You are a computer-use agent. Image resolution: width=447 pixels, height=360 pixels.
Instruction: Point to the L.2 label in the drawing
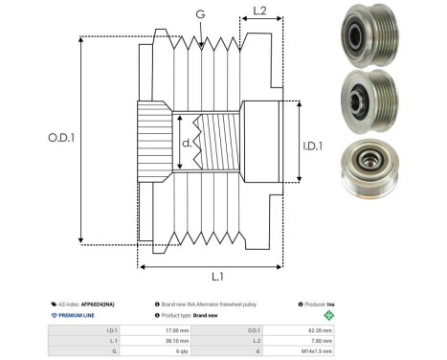[257, 12]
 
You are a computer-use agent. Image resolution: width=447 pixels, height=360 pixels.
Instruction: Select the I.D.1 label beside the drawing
[314, 147]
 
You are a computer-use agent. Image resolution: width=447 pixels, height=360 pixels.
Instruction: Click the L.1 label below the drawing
[217, 276]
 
